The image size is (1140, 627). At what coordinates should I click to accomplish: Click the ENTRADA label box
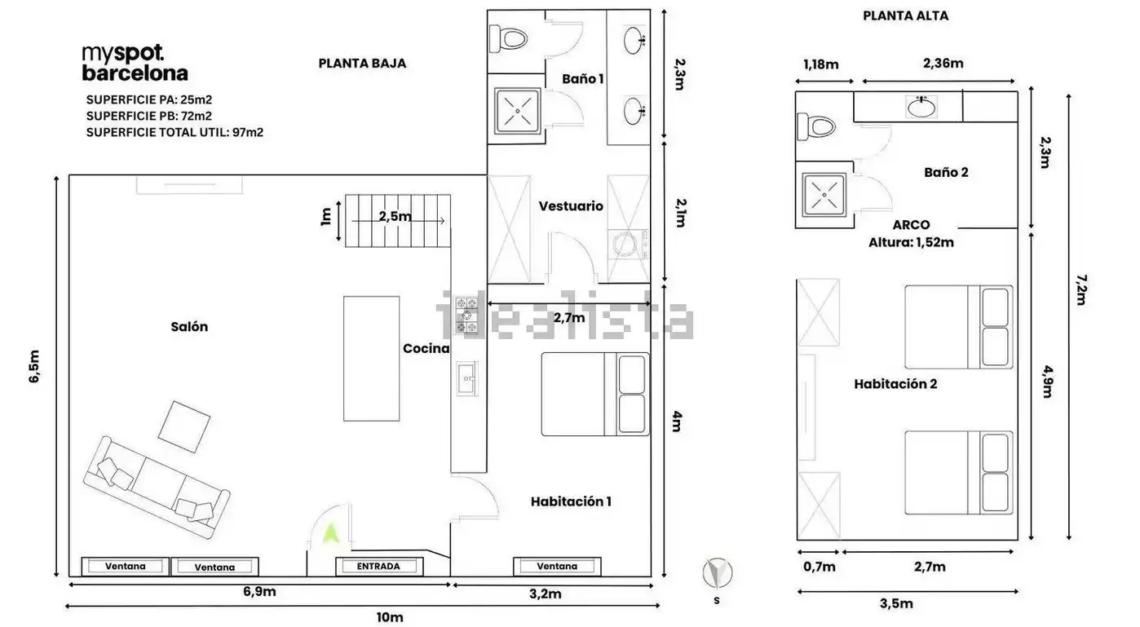tap(379, 567)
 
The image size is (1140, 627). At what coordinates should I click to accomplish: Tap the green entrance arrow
tap(331, 533)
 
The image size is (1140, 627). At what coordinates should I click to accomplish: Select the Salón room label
tap(189, 327)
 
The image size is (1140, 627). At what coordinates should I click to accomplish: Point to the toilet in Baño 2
tap(816, 126)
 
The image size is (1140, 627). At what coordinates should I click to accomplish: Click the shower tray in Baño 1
tap(518, 110)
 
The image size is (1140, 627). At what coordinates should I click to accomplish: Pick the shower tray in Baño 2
tap(824, 195)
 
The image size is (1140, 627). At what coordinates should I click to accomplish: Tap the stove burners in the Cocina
tap(466, 315)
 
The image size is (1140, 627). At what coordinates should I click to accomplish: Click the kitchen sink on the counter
tap(466, 378)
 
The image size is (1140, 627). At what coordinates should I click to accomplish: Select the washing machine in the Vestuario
tap(628, 245)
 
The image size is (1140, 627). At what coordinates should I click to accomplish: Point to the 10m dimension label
tap(390, 617)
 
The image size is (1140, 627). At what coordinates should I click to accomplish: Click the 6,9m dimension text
tap(259, 591)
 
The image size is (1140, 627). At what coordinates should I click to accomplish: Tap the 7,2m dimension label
tap(1081, 290)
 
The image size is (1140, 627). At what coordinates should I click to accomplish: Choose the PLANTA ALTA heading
tap(906, 15)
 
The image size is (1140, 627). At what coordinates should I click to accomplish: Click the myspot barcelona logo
tap(135, 63)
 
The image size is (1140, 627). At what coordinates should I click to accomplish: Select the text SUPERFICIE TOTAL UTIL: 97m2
tap(175, 132)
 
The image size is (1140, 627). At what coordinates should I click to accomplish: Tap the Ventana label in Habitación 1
tap(557, 567)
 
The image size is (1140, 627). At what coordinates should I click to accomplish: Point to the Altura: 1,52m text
tap(911, 243)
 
